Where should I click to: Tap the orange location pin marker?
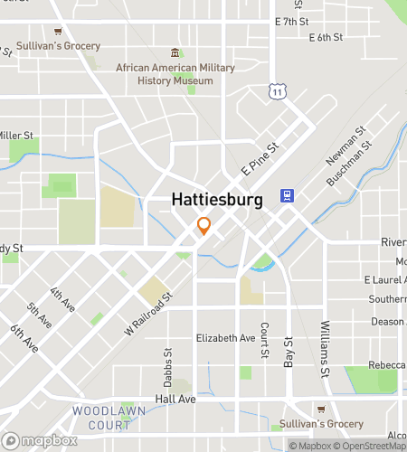[204, 226]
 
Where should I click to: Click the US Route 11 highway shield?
[276, 89]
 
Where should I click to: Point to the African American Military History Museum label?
[175, 74]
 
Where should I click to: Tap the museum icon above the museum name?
[175, 53]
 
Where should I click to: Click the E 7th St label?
[291, 21]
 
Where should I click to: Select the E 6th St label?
[326, 37]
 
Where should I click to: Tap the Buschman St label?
[349, 164]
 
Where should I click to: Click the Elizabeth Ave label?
[226, 338]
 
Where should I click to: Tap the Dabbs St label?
[168, 361]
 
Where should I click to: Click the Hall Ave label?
[175, 399]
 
